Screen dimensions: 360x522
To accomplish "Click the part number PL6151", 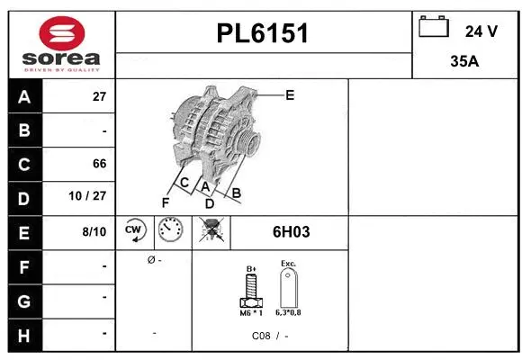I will coord(263,34).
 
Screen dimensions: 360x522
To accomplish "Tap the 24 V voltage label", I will coord(481,31).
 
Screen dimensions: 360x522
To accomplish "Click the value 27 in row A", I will coord(99,97).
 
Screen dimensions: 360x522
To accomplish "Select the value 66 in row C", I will coord(99,164).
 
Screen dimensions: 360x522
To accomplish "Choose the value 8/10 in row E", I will coord(94,231).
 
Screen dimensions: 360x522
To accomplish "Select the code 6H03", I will coord(291,231).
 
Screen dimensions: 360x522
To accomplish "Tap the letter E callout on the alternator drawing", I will coord(290,94).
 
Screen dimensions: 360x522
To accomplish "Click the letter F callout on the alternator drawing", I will coord(165,202).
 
